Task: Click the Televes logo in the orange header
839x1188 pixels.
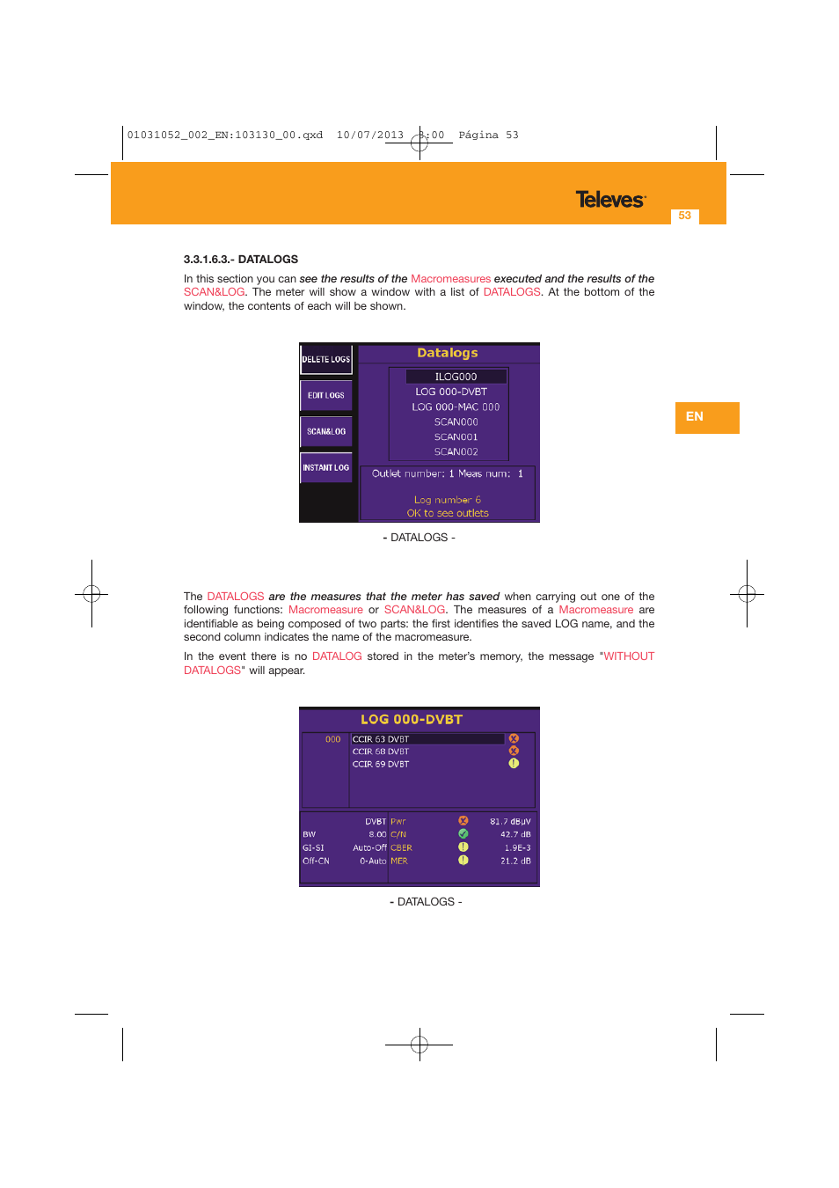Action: pos(610,200)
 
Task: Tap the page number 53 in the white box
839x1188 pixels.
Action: pos(684,216)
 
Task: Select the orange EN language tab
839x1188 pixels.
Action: pos(706,417)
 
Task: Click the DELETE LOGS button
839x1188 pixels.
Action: pos(326,359)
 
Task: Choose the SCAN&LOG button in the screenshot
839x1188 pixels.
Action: pos(326,431)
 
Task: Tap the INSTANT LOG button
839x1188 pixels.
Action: pos(326,467)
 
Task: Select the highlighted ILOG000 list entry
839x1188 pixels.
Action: pos(456,377)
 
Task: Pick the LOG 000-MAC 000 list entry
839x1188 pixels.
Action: pos(456,407)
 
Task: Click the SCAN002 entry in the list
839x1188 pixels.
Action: pos(456,451)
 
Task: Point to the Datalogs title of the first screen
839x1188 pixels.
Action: pos(448,353)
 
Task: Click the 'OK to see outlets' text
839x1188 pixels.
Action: pos(448,513)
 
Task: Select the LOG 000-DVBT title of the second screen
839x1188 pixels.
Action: pos(412,719)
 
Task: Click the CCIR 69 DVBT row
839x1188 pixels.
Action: pos(381,764)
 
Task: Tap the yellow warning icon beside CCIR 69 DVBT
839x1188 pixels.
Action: pos(514,763)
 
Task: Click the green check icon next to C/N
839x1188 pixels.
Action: pos(463,833)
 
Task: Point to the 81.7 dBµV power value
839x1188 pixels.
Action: pos(510,821)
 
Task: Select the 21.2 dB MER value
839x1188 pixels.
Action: pos(515,861)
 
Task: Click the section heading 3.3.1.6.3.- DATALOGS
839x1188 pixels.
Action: pos(241,260)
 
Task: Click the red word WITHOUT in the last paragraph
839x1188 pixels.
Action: pos(629,656)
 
